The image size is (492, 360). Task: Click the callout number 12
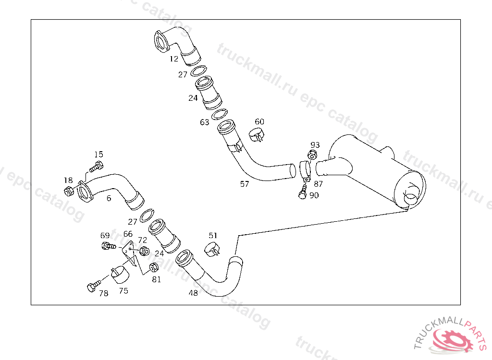tap(174, 59)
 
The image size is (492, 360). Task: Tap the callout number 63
tap(205, 122)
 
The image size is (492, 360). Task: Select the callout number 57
tap(245, 184)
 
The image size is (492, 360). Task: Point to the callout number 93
tap(315, 145)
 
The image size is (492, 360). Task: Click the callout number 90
tap(314, 195)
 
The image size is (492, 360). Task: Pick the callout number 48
tap(193, 293)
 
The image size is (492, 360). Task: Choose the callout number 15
tap(98, 155)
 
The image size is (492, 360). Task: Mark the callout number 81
tap(157, 279)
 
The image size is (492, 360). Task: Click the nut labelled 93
tap(311, 155)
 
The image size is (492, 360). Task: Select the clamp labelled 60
tap(258, 135)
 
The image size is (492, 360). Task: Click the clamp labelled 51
tap(212, 249)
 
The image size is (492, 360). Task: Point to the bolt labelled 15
tap(96, 168)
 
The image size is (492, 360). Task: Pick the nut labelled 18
tap(68, 192)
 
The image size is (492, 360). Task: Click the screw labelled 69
tap(107, 246)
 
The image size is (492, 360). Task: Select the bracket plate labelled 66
tap(129, 252)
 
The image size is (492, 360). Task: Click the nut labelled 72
tap(144, 251)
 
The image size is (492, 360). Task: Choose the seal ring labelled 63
tap(220, 115)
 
